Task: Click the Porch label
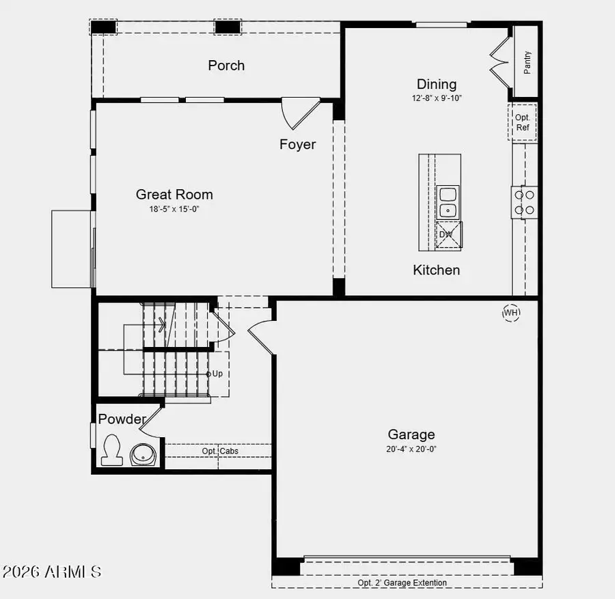[226, 66]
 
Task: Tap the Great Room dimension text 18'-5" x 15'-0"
[174, 209]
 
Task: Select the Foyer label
[297, 144]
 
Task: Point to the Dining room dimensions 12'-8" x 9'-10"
[437, 98]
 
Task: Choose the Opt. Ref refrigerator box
[523, 122]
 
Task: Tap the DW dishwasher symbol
[447, 234]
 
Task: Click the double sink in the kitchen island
[448, 202]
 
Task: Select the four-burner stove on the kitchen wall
[525, 202]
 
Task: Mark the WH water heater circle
[511, 313]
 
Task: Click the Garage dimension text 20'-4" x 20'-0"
[411, 449]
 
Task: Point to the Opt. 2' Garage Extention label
[402, 583]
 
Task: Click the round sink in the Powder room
[144, 454]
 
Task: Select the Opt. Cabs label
[219, 451]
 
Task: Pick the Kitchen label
[437, 270]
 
